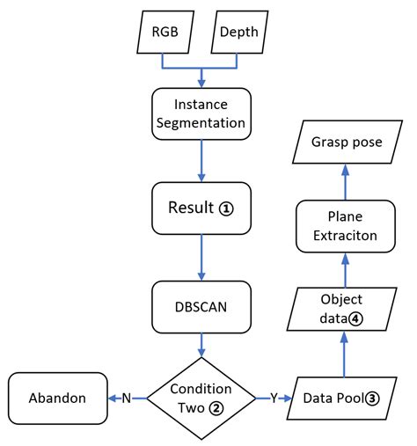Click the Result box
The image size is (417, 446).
coord(202,209)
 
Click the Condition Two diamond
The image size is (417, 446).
coord(201,398)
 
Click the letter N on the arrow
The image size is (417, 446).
coord(127,398)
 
